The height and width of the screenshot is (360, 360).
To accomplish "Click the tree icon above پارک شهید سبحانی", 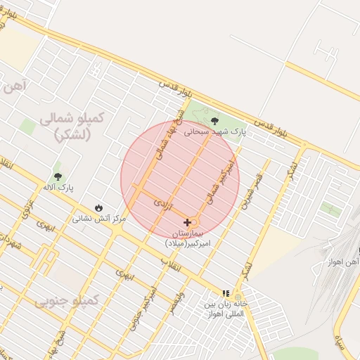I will (x=214, y=121).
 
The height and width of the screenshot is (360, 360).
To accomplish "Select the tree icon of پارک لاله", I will (x=58, y=176).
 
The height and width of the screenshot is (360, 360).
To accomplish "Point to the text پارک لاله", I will (x=58, y=188).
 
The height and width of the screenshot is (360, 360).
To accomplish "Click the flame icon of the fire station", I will (x=98, y=208).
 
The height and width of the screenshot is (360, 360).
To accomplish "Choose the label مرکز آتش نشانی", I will (x=98, y=219).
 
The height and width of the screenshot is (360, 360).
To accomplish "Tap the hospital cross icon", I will (x=186, y=222).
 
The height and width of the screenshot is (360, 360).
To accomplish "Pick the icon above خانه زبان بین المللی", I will (x=226, y=293).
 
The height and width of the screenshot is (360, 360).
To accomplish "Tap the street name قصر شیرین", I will (x=253, y=190).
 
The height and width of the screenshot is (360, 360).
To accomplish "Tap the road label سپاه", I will (x=340, y=343).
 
